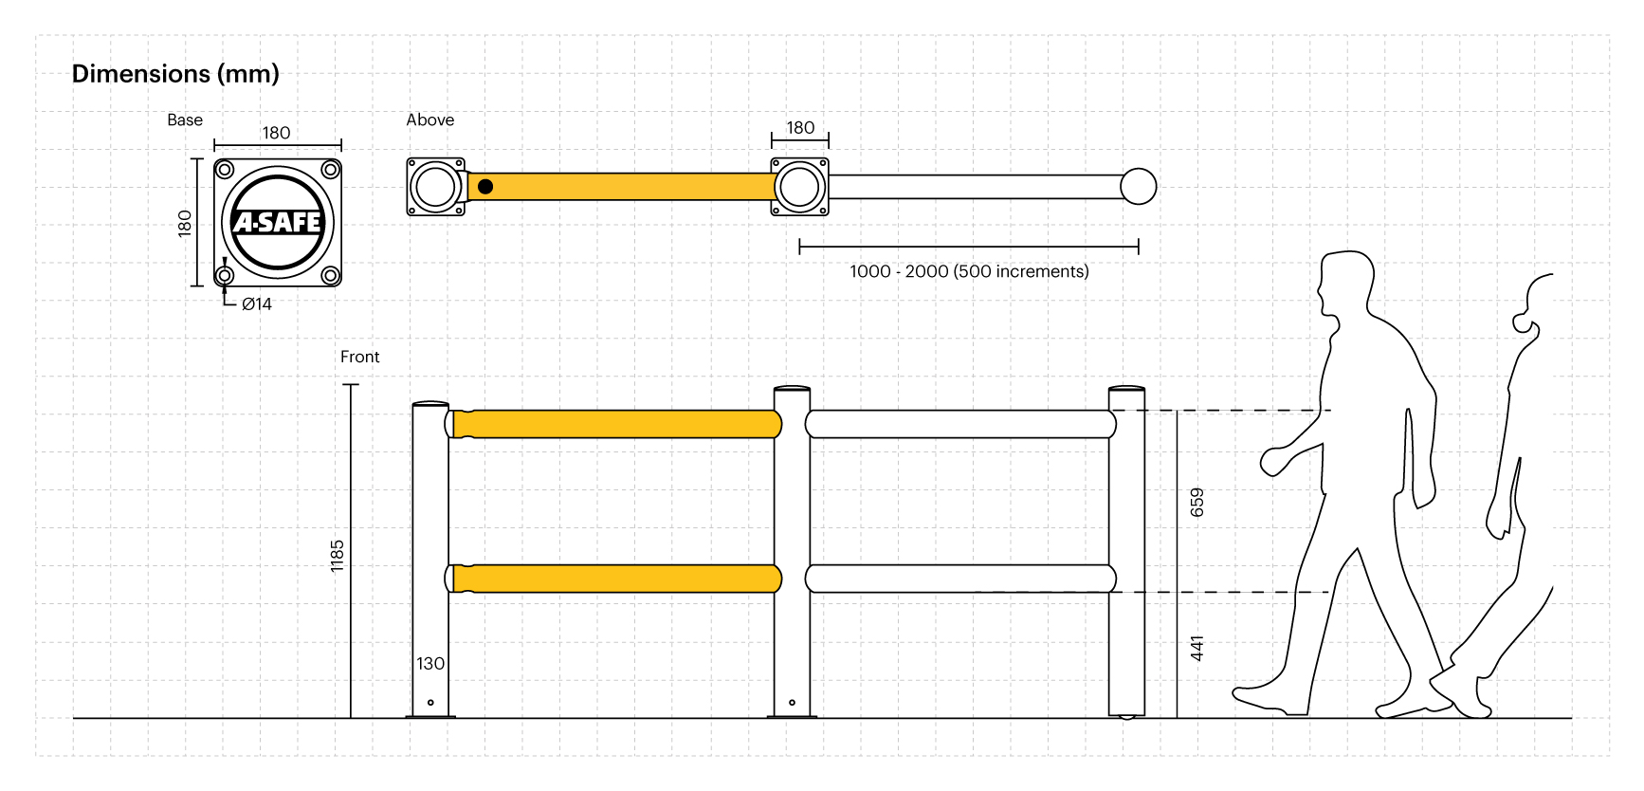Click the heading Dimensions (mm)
pyautogui.click(x=175, y=74)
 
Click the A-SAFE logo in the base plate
pyautogui.click(x=278, y=222)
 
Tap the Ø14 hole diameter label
pyautogui.click(x=257, y=304)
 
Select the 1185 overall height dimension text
pyautogui.click(x=337, y=556)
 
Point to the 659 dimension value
pyautogui.click(x=1196, y=503)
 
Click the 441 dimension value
pyautogui.click(x=1196, y=649)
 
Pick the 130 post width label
pyautogui.click(x=430, y=664)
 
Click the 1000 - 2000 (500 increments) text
pyautogui.click(x=969, y=271)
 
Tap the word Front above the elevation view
pyautogui.click(x=359, y=357)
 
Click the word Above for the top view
pyautogui.click(x=429, y=120)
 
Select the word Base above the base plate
pyautogui.click(x=185, y=120)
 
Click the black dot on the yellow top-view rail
pyautogui.click(x=485, y=187)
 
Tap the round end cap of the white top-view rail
pyautogui.click(x=1138, y=187)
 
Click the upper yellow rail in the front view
pyautogui.click(x=616, y=424)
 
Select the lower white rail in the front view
pyautogui.click(x=959, y=579)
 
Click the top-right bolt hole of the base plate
pyautogui.click(x=330, y=170)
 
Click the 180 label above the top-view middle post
pyautogui.click(x=800, y=128)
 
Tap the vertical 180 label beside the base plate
pyautogui.click(x=185, y=223)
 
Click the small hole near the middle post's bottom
pyautogui.click(x=792, y=703)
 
